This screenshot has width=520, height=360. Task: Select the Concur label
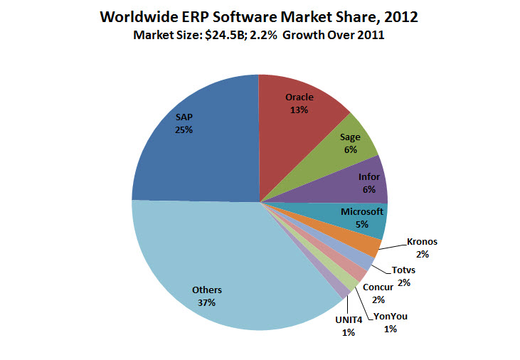click(x=378, y=287)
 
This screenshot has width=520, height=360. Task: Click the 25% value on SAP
click(x=185, y=130)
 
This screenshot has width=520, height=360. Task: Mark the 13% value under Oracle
click(x=299, y=110)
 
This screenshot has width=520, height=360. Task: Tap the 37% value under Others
click(x=207, y=302)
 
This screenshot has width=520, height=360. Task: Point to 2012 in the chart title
click(x=398, y=16)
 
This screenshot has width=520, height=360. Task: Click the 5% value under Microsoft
click(x=362, y=224)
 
